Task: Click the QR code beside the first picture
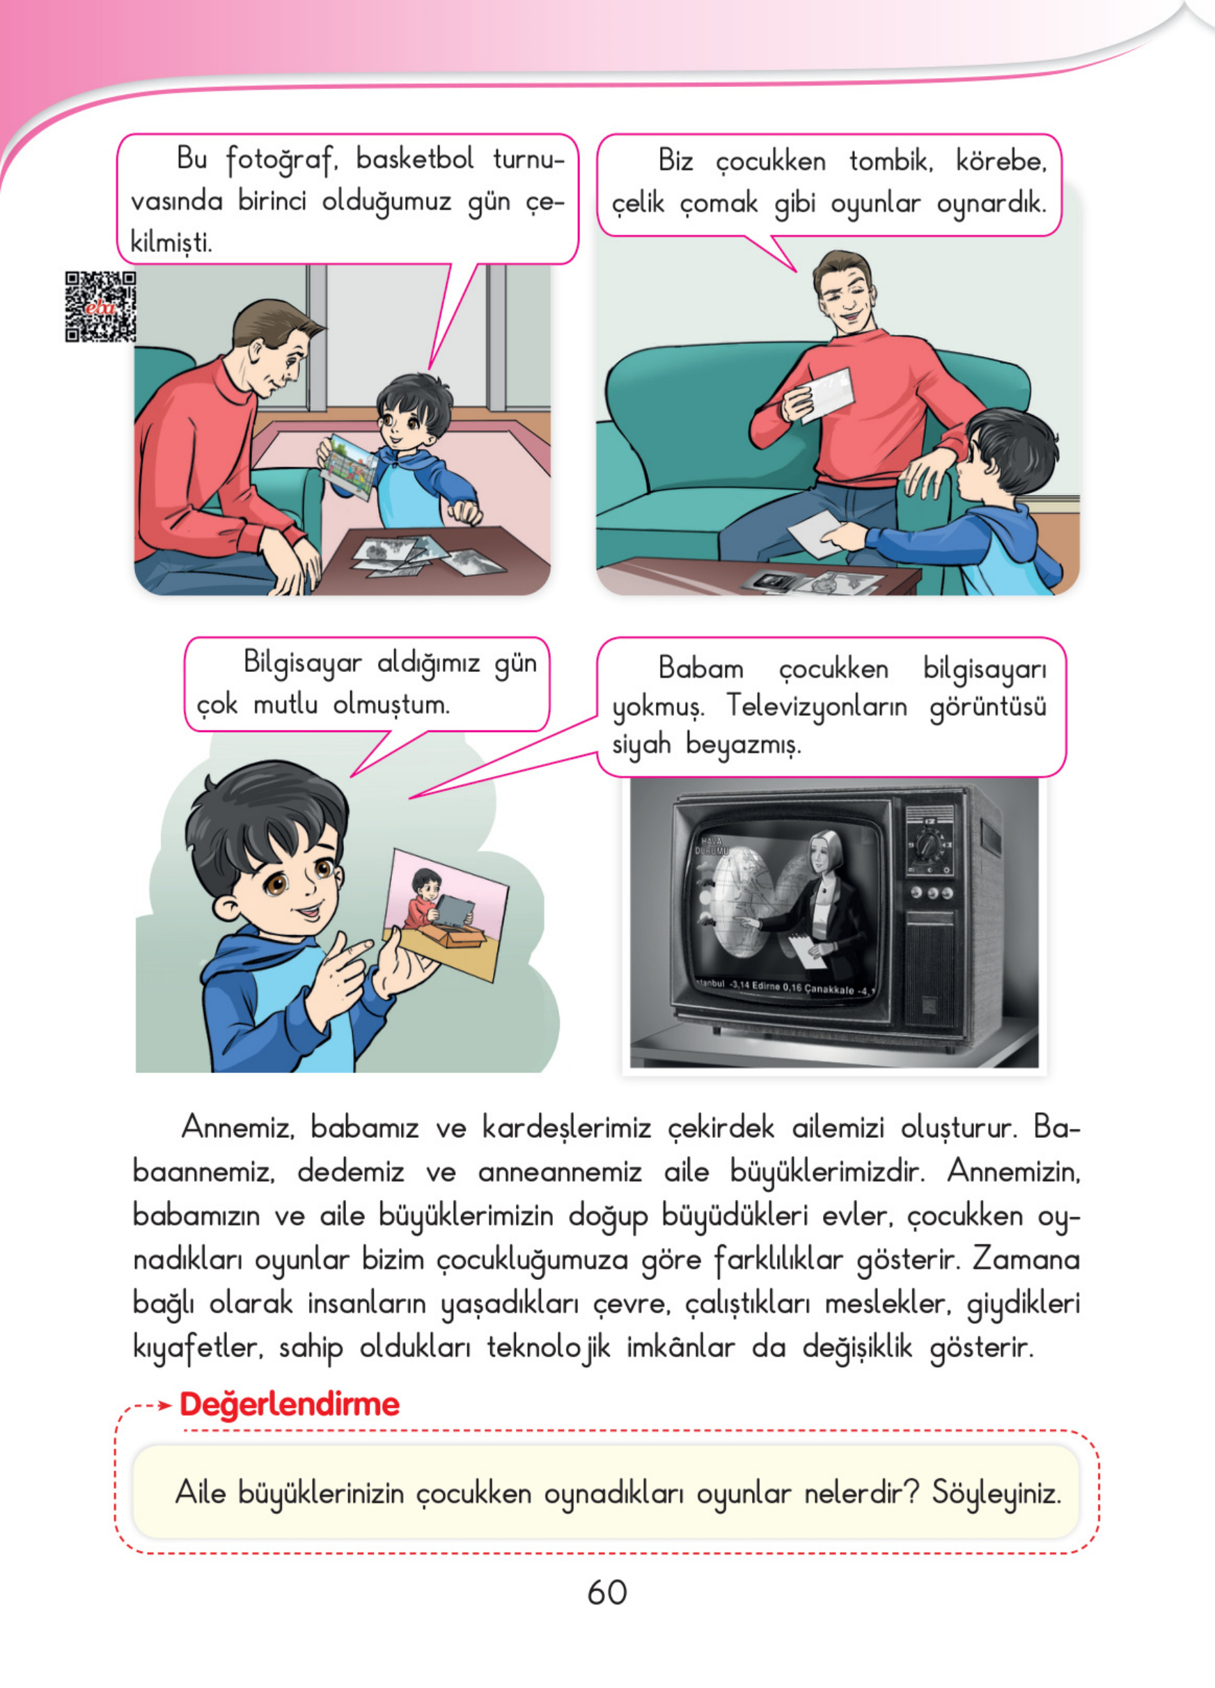coord(100,306)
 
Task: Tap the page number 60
coord(606,1592)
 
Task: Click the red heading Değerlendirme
coord(290,1404)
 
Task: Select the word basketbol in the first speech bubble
coord(414,159)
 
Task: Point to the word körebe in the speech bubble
coord(1001,161)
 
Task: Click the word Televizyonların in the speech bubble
coord(816,705)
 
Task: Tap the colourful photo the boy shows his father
coord(347,467)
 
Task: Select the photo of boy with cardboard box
coord(445,913)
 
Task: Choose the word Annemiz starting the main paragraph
coord(237,1127)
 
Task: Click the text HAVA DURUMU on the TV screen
coord(713,845)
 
